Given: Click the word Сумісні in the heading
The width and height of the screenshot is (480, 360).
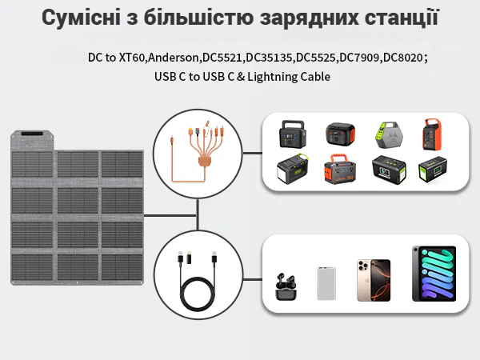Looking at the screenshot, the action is tap(81, 18).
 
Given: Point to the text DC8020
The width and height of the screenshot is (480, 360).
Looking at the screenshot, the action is tap(403, 58).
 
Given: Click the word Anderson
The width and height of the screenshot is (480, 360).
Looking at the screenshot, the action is tap(174, 58).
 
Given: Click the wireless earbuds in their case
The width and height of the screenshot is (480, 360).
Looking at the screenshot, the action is tap(286, 286).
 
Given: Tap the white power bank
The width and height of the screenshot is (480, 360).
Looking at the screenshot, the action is tap(326, 283).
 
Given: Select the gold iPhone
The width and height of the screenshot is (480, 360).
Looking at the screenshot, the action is tap(374, 281).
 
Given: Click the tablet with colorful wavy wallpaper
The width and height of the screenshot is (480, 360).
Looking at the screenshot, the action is tap(434, 274).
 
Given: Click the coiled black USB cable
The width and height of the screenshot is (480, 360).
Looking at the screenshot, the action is tap(198, 282).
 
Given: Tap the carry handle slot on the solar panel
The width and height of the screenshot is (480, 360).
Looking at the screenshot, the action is tap(32, 134).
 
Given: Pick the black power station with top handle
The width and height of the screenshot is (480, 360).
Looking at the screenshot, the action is tap(293, 134).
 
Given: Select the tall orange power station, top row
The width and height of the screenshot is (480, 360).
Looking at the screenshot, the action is tap(432, 134).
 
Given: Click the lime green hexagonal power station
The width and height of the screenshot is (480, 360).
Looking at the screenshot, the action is tap(389, 135).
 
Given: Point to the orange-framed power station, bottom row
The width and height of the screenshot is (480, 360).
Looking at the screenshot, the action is tap(340, 169).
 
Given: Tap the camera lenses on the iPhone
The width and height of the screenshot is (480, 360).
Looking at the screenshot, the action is tap(364, 266).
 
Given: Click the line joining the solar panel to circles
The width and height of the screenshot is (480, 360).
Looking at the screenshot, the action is tap(170, 215).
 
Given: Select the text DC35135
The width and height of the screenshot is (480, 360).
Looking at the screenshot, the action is tap(269, 58).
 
